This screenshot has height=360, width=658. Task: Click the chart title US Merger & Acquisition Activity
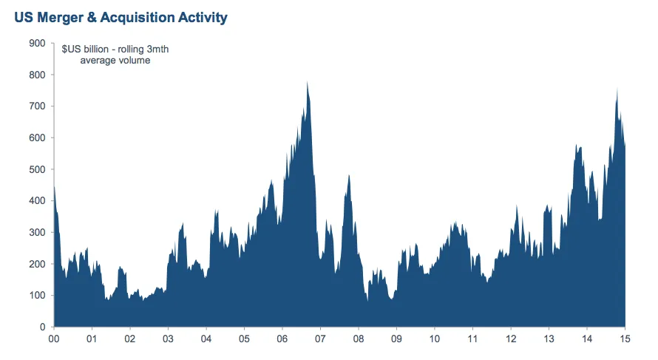[121, 16]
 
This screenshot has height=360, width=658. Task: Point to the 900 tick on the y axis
[36, 44]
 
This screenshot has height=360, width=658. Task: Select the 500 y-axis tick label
[36, 169]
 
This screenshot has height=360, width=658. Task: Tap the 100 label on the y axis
[36, 296]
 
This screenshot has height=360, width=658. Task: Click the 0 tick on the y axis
[42, 327]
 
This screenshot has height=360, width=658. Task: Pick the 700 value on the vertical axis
[36, 106]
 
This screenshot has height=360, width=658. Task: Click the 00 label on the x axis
[54, 339]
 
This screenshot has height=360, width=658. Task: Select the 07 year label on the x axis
[320, 339]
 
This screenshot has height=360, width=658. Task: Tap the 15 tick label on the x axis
[625, 339]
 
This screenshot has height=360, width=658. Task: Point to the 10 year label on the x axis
[434, 339]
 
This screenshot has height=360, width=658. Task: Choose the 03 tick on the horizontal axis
[168, 339]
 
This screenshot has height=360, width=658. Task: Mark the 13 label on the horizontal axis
[549, 339]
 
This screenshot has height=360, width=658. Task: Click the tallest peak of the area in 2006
[307, 82]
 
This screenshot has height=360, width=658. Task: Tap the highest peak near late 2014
[617, 89]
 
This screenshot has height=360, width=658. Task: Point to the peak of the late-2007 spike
[348, 175]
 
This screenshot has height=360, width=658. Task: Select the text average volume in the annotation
[115, 61]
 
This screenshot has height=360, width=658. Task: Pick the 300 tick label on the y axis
[36, 233]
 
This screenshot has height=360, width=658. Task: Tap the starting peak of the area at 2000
[54, 186]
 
